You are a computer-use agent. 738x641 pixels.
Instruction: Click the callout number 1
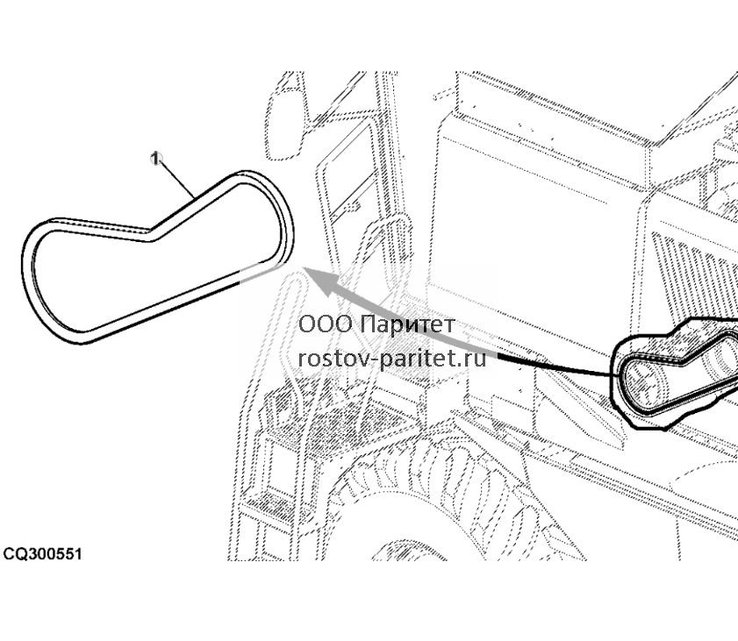coord(155,159)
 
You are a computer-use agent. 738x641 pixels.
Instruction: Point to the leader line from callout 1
coord(176,179)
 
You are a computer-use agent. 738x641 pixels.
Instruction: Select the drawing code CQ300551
coord(42,553)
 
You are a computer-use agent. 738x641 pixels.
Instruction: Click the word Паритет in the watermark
coord(409,324)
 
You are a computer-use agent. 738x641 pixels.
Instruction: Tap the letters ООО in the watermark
coord(326,324)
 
